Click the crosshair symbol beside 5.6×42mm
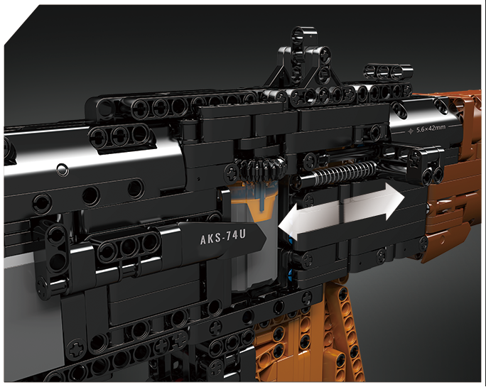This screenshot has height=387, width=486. click(411, 131)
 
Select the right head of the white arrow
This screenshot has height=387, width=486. click(395, 202)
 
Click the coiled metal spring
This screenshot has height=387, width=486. click(344, 172)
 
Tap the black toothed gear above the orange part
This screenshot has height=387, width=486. click(262, 169)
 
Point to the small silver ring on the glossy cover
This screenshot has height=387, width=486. click(63, 169)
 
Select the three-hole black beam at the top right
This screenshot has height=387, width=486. click(388, 72)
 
